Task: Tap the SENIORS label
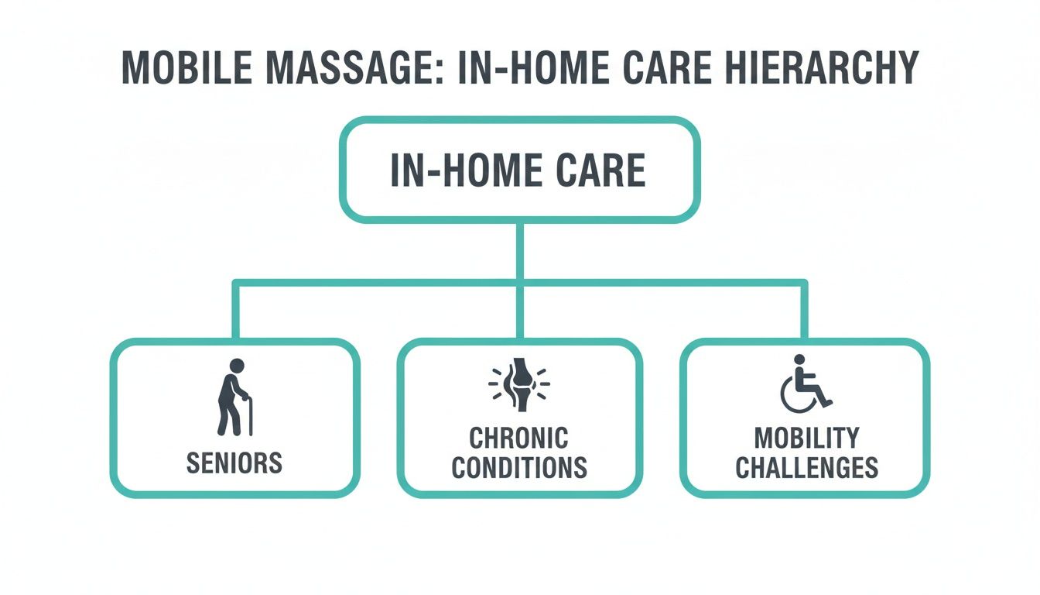[234, 463]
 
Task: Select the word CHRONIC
[519, 438]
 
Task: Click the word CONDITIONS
[519, 468]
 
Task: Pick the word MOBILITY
[806, 438]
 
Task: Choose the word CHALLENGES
[806, 468]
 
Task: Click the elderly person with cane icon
[233, 397]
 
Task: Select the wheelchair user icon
[805, 384]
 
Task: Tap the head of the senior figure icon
[237, 366]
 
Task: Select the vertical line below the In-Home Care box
[519, 252]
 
